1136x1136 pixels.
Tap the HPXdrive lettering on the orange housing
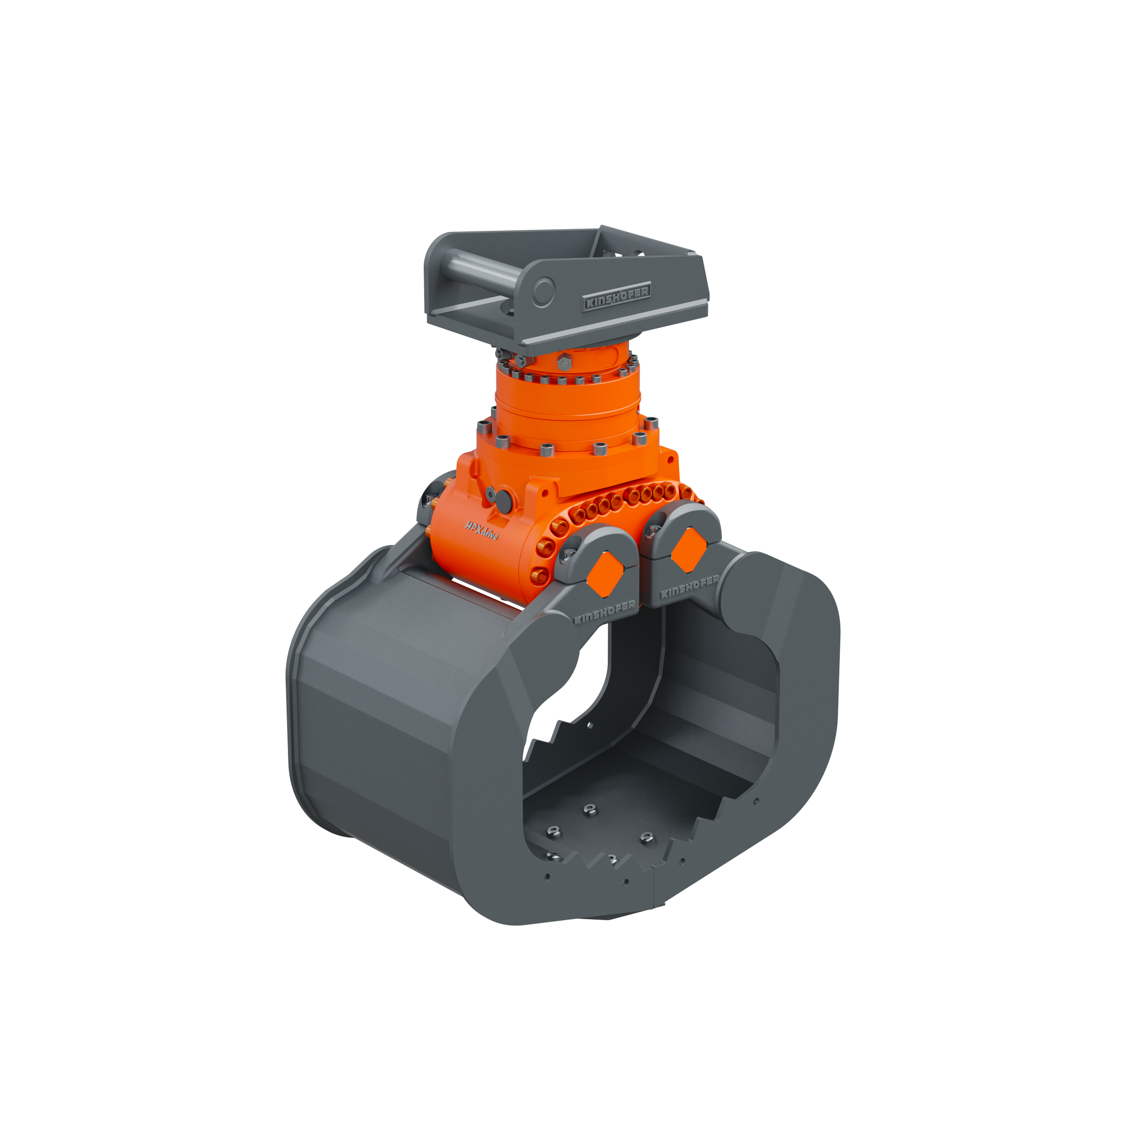[x=481, y=531]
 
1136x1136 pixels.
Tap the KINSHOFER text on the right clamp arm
[x=690, y=587]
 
